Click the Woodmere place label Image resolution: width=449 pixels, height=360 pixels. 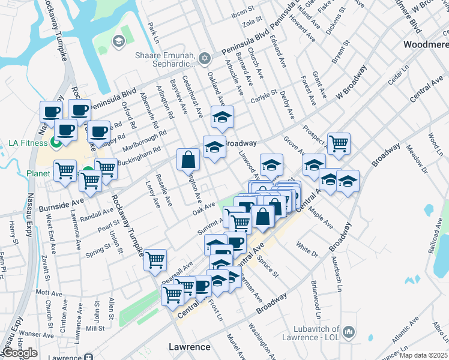coord(426,45)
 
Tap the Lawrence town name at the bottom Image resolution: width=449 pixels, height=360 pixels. coord(190,347)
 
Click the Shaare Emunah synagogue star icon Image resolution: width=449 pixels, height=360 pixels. coord(205,58)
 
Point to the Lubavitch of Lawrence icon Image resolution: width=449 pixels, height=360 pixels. coord(348,331)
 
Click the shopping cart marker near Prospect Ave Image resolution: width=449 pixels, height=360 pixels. coord(339,143)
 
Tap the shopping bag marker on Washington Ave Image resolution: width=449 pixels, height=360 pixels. coord(188,159)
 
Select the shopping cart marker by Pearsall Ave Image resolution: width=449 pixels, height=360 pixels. coord(155,260)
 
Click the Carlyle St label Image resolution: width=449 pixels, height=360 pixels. coord(265,94)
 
